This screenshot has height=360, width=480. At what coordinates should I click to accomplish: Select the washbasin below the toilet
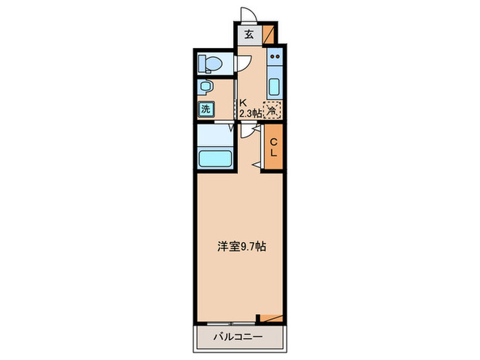(205, 88)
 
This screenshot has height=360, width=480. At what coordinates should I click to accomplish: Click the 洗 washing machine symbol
(206, 108)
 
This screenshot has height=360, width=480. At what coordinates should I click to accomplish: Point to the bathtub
(216, 158)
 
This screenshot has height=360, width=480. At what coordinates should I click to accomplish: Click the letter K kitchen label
(242, 104)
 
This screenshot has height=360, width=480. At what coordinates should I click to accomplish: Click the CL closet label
(273, 147)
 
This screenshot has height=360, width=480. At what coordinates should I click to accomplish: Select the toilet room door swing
(243, 64)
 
